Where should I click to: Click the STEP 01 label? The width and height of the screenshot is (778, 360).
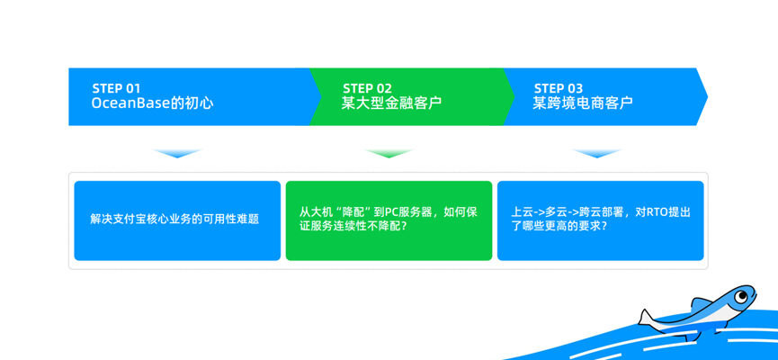click(x=116, y=89)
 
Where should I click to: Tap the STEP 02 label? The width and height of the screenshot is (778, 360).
click(x=367, y=89)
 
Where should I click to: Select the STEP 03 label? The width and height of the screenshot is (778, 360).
click(x=559, y=89)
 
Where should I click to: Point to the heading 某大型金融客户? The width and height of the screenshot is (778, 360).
click(x=391, y=103)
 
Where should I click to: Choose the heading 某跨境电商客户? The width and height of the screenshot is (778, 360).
click(x=583, y=103)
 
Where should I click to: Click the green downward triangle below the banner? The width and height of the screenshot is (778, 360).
click(x=389, y=153)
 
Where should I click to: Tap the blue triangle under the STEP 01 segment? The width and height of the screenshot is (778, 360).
click(x=177, y=153)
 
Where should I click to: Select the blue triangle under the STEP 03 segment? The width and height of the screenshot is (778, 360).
click(x=597, y=153)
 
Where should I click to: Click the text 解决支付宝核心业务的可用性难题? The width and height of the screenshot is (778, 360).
click(x=174, y=219)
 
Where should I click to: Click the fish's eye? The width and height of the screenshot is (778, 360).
click(x=741, y=297)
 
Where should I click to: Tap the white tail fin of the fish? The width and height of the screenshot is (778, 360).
click(x=647, y=319)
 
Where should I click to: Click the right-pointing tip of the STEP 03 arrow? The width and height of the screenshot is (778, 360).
click(x=708, y=97)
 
